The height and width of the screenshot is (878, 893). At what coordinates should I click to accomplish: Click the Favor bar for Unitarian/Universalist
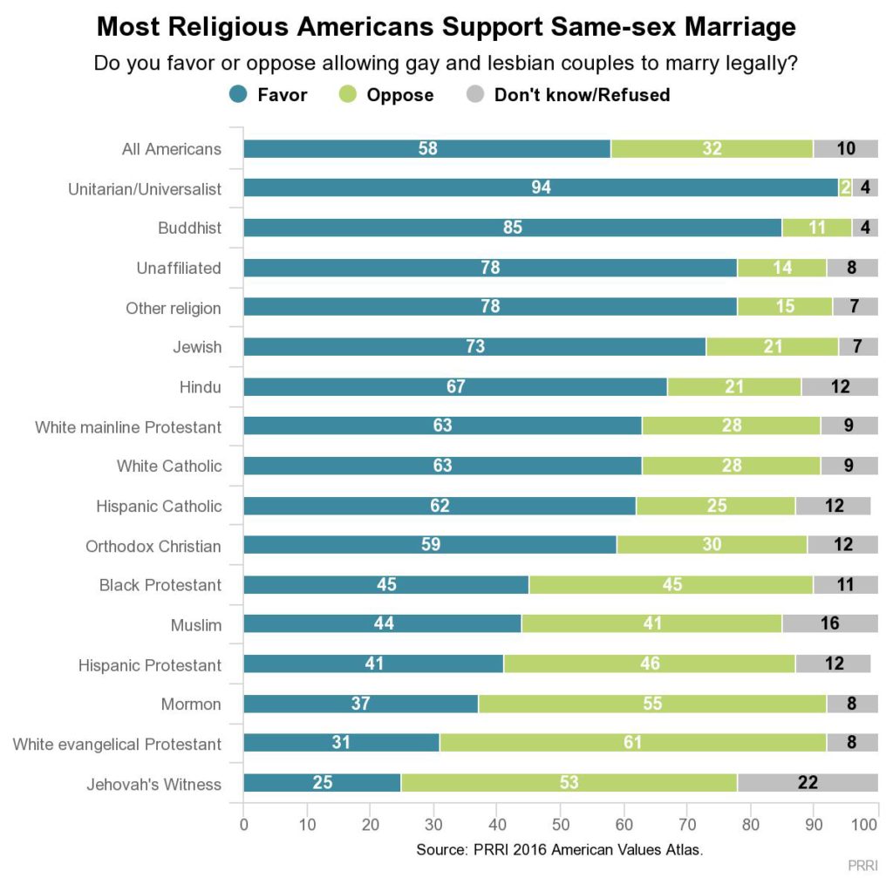[541, 187]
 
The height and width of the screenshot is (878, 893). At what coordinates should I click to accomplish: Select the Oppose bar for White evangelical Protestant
[633, 744]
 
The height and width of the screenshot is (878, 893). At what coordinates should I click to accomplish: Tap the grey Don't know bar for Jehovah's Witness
[808, 783]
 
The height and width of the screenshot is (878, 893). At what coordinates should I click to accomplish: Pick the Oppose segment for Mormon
[652, 704]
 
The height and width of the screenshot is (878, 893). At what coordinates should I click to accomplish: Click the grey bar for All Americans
[845, 148]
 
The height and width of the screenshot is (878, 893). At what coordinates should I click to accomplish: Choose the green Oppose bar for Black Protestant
[671, 584]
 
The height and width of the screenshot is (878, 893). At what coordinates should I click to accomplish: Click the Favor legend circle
[237, 94]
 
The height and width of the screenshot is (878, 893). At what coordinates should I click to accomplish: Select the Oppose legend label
[399, 95]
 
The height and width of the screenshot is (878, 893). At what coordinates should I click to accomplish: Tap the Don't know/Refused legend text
[582, 95]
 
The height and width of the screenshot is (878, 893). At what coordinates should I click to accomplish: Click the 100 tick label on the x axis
[864, 824]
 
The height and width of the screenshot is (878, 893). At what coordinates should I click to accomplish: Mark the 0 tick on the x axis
[243, 824]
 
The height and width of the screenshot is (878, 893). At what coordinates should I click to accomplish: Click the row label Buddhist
[189, 228]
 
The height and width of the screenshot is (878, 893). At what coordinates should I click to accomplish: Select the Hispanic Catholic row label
[159, 506]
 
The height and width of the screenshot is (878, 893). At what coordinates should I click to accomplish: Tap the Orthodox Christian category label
[153, 546]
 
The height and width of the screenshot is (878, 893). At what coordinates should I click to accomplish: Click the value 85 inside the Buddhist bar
[513, 228]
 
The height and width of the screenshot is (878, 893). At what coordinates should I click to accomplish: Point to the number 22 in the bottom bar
[808, 783]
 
